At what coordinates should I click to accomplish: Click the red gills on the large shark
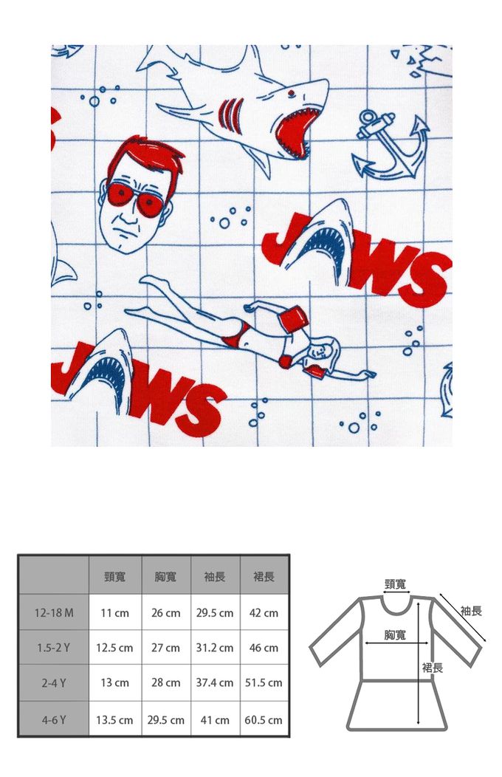pyautogui.click(x=231, y=114)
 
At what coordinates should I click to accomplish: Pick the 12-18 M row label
pyautogui.click(x=53, y=612)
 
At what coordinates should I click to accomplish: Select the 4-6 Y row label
pyautogui.click(x=53, y=719)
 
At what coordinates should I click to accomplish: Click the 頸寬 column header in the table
pyautogui.click(x=115, y=576)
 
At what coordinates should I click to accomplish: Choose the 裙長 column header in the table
pyautogui.click(x=264, y=576)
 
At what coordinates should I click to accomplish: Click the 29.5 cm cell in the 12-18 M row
pyautogui.click(x=214, y=613)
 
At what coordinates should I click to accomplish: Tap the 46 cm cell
pyautogui.click(x=264, y=648)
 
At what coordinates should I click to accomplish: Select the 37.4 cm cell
pyautogui.click(x=214, y=682)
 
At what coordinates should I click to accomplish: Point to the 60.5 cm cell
pyautogui.click(x=264, y=719)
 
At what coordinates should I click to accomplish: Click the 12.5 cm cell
pyautogui.click(x=114, y=648)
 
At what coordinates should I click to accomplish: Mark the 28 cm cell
pyautogui.click(x=165, y=682)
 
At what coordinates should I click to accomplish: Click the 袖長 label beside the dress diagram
pyautogui.click(x=471, y=611)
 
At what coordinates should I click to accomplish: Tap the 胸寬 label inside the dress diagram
pyautogui.click(x=394, y=634)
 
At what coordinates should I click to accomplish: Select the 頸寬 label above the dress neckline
pyautogui.click(x=395, y=583)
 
